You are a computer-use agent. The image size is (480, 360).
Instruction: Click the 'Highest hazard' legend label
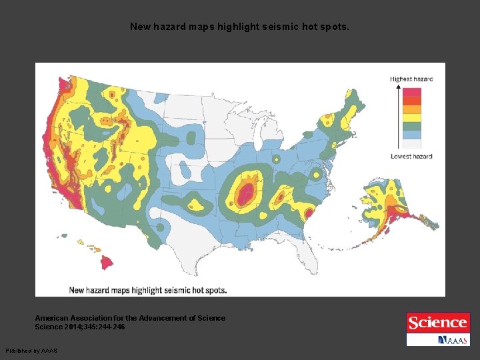click(x=411, y=79)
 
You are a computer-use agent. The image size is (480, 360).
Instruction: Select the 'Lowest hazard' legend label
click(x=411, y=157)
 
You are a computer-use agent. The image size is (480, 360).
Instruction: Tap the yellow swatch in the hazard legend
click(x=413, y=118)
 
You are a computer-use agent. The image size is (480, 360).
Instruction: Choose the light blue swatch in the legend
click(x=413, y=135)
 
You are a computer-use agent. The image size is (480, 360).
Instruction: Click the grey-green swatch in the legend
click(x=413, y=126)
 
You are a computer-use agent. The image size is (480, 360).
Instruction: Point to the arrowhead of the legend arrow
click(x=399, y=87)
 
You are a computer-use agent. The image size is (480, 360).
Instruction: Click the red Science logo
click(x=437, y=323)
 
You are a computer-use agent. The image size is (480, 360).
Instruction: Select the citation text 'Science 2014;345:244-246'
click(x=80, y=327)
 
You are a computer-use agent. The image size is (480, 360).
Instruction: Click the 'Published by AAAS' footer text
click(x=31, y=351)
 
